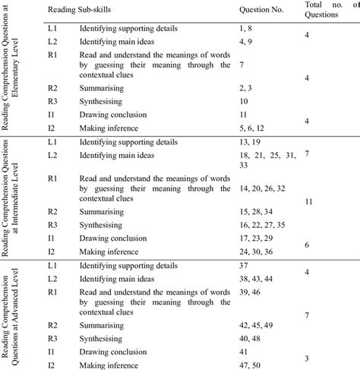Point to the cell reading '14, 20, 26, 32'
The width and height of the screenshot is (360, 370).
263,188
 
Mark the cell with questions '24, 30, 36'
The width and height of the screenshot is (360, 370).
256,252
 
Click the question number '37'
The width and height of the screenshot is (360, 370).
244,266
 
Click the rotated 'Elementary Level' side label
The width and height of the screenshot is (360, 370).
16,73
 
